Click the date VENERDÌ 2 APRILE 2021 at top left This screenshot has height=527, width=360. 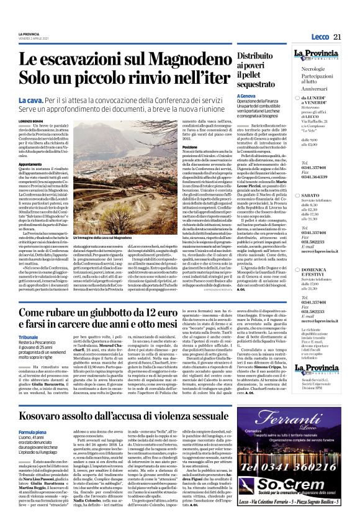pyautogui.click(x=40, y=38)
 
